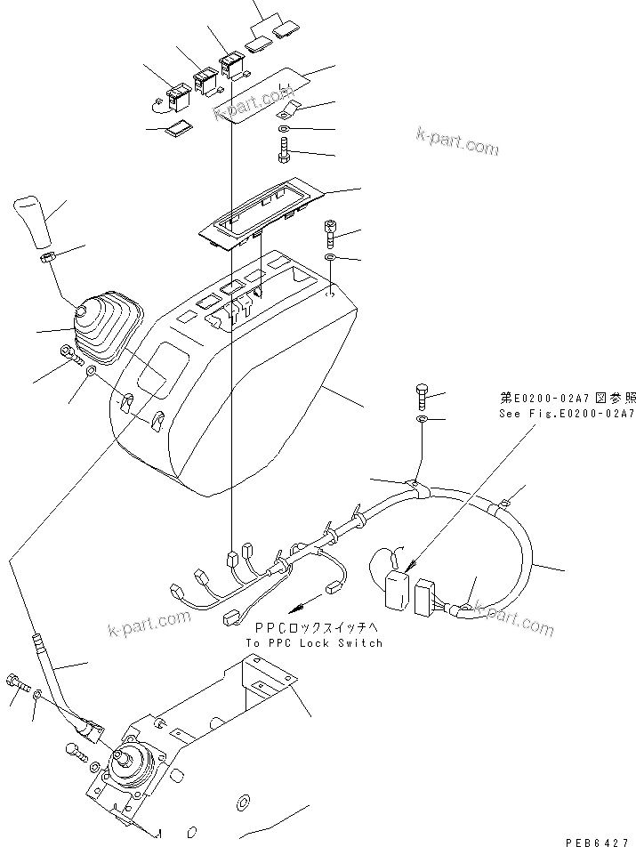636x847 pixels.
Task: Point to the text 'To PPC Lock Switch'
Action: coord(314,642)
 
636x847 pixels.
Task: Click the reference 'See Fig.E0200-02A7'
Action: coord(565,415)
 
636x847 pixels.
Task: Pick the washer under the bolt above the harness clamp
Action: coord(422,418)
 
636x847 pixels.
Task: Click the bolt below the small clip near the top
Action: coord(284,148)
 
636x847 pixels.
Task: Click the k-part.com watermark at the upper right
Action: coord(456,141)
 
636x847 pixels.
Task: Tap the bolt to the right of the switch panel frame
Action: coord(330,232)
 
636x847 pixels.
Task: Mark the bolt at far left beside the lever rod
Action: coord(18,685)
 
